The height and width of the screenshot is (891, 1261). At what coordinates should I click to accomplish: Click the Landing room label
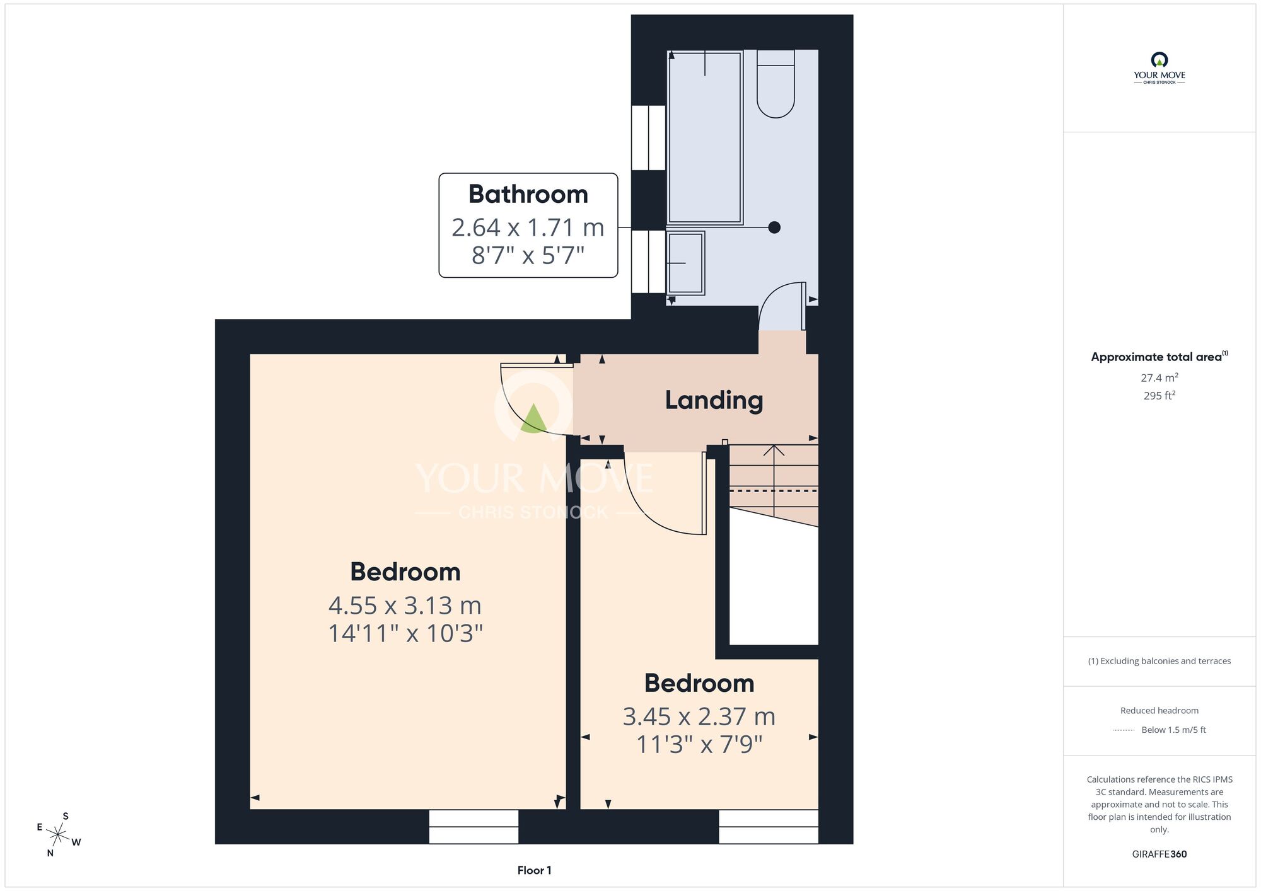pos(714,401)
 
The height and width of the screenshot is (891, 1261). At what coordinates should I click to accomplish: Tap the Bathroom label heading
pos(528,194)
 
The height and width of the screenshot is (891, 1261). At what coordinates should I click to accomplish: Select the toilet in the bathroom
pos(776,84)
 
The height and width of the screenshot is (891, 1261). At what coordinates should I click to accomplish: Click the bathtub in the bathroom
pos(705,137)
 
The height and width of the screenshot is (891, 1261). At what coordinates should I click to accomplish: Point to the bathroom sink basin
pos(685,263)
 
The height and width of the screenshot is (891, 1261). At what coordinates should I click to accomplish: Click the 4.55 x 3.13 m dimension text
pos(405,606)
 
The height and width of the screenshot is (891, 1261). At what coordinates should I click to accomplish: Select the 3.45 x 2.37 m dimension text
pos(699,716)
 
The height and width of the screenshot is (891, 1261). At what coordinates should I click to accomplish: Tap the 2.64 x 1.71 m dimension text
pos(528,227)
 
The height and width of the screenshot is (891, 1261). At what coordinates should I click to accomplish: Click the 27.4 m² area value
pos(1159,377)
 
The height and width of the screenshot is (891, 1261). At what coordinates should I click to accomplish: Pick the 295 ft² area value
pos(1159,396)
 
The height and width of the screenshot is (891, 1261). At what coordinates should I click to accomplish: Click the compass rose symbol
pos(58,836)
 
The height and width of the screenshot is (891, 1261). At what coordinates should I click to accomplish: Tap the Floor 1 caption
pos(534,870)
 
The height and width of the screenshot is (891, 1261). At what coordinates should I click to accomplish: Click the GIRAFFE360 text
pos(1159,854)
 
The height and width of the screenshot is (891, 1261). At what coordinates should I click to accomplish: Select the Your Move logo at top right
pos(1159,68)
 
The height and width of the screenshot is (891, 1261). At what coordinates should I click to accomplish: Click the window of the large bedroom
pos(474,827)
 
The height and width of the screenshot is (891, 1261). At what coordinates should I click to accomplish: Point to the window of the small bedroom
pos(769,827)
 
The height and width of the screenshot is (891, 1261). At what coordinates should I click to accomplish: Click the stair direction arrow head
pos(774,450)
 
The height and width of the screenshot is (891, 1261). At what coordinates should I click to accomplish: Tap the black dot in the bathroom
pos(774,227)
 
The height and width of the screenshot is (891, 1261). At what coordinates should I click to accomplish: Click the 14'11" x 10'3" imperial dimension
pos(405,633)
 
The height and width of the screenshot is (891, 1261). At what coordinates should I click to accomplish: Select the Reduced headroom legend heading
pos(1159,711)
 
